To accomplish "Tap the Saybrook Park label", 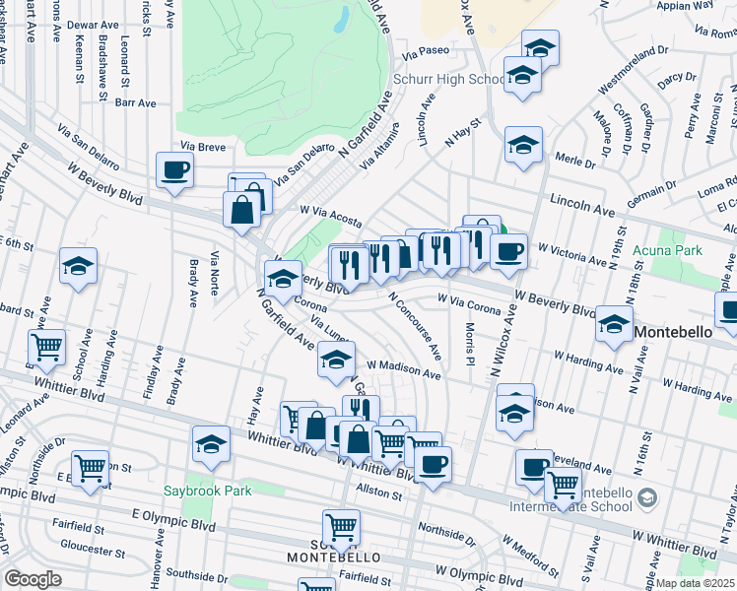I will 207,490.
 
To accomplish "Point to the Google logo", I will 33,579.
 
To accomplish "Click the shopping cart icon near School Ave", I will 47,347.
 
